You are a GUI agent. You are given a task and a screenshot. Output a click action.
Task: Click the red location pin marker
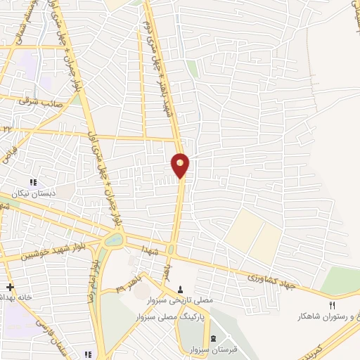pyautogui.click(x=181, y=164)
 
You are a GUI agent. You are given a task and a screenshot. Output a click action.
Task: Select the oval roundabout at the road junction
pyautogui.click(x=110, y=240)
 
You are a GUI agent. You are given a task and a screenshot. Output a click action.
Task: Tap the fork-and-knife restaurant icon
pyautogui.click(x=332, y=304)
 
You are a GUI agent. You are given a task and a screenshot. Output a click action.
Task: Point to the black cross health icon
pyautogui.click(x=10, y=287)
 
